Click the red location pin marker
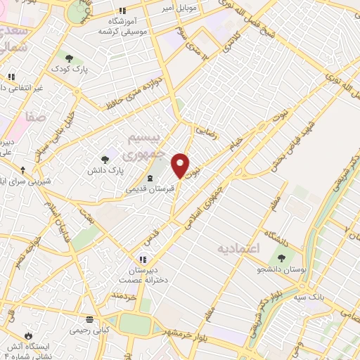pyautogui.click(x=181, y=165)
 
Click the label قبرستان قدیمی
pyautogui.click(x=148, y=188)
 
